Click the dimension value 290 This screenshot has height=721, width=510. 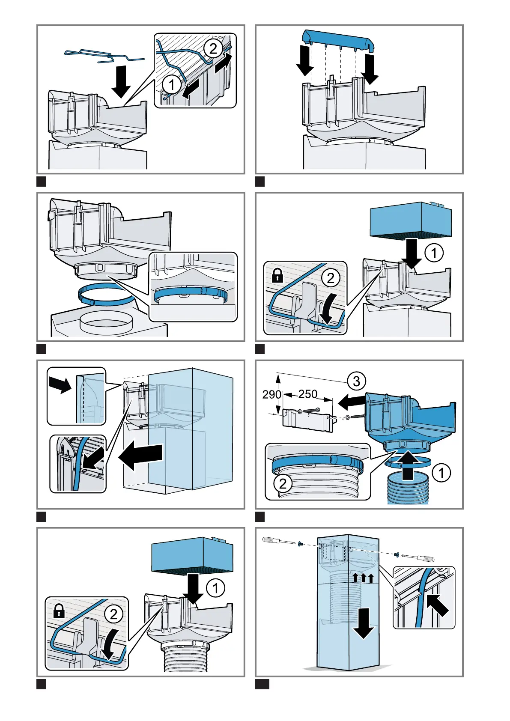coord(271,394)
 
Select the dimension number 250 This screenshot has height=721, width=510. coord(307,394)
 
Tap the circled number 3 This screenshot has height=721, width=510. coord(356,381)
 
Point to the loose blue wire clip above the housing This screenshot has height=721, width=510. coord(104,56)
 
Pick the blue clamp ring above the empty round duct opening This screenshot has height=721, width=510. coord(103,295)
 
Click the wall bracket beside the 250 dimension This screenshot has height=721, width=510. coord(308,419)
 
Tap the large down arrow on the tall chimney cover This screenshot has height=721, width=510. coord(364,626)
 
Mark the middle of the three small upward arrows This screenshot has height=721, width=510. coord(364,578)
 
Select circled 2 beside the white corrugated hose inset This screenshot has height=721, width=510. coord(283,484)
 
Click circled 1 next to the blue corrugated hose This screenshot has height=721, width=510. coord(441,473)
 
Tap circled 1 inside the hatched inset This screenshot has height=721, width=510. coord(172,85)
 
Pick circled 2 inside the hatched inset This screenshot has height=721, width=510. coord(213,48)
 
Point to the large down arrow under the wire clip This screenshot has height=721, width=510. coord(121,82)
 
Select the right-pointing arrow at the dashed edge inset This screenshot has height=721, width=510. coord(60,384)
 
